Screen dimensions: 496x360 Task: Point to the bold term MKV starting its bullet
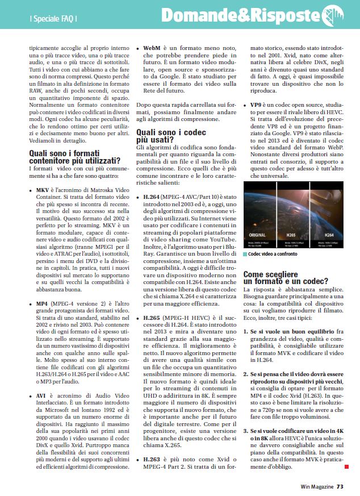pyautogui.click(x=43, y=189)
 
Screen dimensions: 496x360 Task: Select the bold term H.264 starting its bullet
pyautogui.click(x=154, y=196)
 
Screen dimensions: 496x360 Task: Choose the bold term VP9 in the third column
pyautogui.click(x=256, y=106)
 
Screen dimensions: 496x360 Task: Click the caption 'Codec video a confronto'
pyautogui.click(x=273, y=254)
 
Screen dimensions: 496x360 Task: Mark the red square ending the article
pyautogui.click(x=346, y=466)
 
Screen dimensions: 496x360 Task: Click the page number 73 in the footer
pyautogui.click(x=340, y=486)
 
